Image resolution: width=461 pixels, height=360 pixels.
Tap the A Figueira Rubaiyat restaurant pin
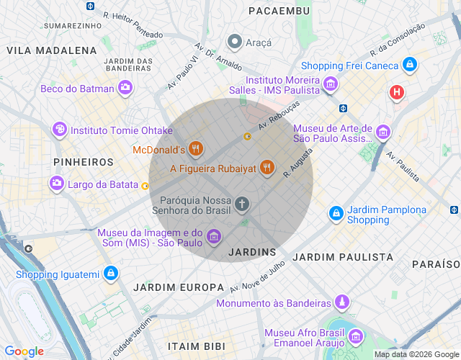click(x=267, y=168)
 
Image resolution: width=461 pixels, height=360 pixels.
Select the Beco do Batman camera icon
click(x=125, y=88)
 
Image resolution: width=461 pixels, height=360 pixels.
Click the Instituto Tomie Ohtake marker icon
click(x=60, y=130)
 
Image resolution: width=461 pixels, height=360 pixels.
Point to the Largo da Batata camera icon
click(x=56, y=184)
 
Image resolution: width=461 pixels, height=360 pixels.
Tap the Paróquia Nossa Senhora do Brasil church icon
click(x=242, y=204)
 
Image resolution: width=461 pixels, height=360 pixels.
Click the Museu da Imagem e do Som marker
click(x=213, y=236)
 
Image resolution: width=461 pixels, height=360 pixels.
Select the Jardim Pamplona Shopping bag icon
click(x=336, y=214)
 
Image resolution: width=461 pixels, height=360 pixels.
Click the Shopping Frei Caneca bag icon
click(x=410, y=65)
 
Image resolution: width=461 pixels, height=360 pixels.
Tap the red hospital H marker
click(x=396, y=92)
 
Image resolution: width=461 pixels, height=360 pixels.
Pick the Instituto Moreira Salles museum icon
click(x=331, y=84)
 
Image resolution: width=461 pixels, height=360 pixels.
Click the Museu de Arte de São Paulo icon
click(x=382, y=132)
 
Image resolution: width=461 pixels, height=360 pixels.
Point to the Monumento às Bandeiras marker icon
click(x=344, y=302)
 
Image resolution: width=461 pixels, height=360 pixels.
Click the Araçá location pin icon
click(x=234, y=42)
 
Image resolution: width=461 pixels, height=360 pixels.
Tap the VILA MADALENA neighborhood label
click(x=52, y=50)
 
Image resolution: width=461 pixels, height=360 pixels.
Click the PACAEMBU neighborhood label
click(x=279, y=11)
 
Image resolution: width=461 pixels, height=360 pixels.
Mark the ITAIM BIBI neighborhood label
click(x=196, y=346)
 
